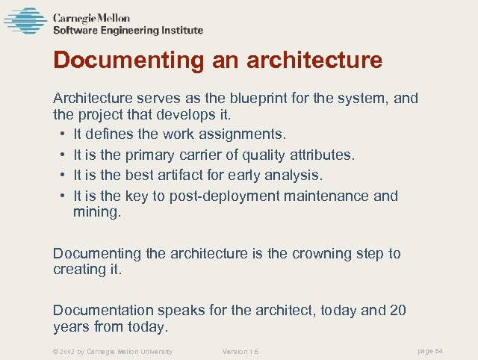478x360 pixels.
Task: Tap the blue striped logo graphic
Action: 25,21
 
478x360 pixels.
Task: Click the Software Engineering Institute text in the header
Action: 128,31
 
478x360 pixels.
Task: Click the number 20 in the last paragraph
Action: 397,311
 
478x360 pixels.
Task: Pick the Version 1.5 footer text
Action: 240,351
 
